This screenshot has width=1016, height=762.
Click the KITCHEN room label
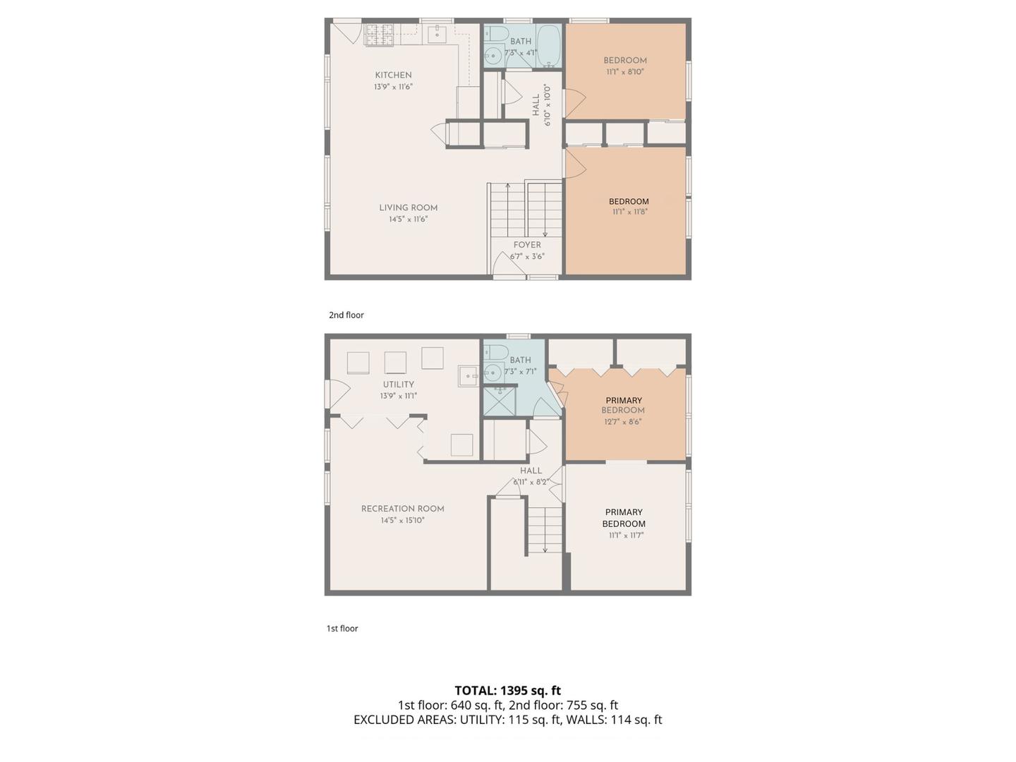pyautogui.click(x=393, y=75)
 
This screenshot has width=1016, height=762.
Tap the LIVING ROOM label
pyautogui.click(x=408, y=207)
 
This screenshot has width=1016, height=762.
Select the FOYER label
pyautogui.click(x=527, y=245)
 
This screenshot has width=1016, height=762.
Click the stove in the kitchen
pyautogui.click(x=379, y=34)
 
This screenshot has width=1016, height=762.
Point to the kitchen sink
pyautogui.click(x=437, y=33)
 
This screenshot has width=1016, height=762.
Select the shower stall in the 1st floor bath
pyautogui.click(x=499, y=401)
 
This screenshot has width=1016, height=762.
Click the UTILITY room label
pyautogui.click(x=398, y=385)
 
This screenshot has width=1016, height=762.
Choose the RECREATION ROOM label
pyautogui.click(x=402, y=509)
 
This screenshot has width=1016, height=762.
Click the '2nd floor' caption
pyautogui.click(x=346, y=315)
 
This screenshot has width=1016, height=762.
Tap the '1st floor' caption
pyautogui.click(x=342, y=629)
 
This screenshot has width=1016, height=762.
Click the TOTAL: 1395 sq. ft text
pyautogui.click(x=507, y=691)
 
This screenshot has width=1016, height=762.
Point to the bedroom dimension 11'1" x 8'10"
pyautogui.click(x=625, y=72)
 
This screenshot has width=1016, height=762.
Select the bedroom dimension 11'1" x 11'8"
pyautogui.click(x=629, y=212)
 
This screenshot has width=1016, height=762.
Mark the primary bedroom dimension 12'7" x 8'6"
pyautogui.click(x=623, y=422)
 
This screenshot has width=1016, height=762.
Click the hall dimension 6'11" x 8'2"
pyautogui.click(x=531, y=482)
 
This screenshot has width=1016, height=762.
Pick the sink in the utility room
pyautogui.click(x=469, y=376)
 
